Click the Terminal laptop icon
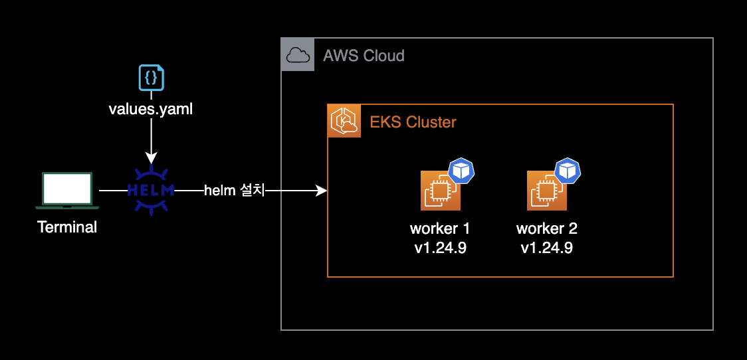[x=66, y=189]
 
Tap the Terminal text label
[x=67, y=227]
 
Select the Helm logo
[x=151, y=191]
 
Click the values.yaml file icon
[x=151, y=78]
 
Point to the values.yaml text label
[x=151, y=109]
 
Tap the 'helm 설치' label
[x=234, y=191]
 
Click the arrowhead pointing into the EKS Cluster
[x=322, y=191]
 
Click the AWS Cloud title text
[x=364, y=55]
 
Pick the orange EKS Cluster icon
[x=344, y=121]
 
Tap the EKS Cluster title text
[x=413, y=122]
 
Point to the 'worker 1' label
[x=440, y=229]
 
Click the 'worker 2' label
[x=546, y=229]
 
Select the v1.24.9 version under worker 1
[x=440, y=248]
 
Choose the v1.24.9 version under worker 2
[x=546, y=248]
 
